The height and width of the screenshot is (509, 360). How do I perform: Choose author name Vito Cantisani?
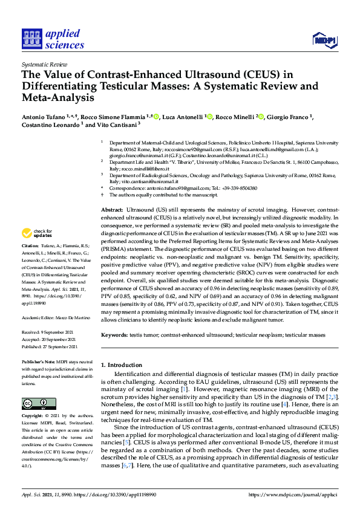click(x=115, y=125)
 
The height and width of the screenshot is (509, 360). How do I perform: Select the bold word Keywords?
click(x=115, y=335)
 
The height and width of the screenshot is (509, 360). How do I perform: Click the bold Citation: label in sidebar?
click(x=30, y=247)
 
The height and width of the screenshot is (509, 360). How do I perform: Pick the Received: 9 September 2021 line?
click(x=48, y=331)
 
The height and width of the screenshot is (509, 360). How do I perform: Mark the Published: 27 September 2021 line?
click(x=50, y=347)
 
